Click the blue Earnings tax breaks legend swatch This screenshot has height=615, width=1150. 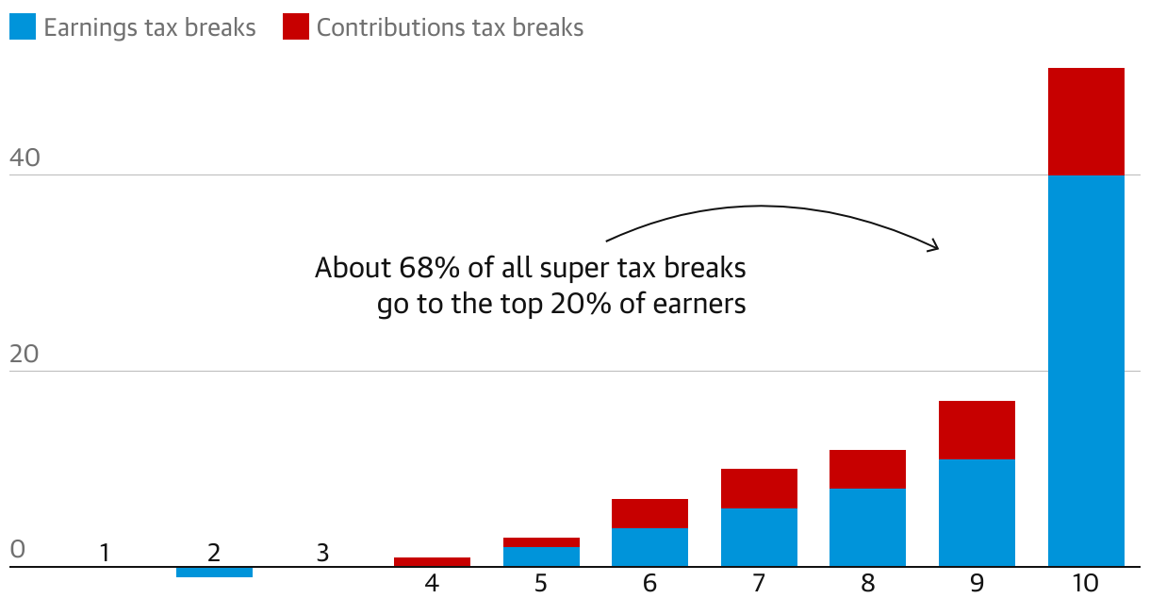pos(23,27)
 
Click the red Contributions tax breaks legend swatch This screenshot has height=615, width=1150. pos(296,27)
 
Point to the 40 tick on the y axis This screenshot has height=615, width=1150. pos(25,158)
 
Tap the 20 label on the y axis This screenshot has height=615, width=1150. pos(25,355)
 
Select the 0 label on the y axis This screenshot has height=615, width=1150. pos(17,550)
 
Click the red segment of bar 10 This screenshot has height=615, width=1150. pos(1086,122)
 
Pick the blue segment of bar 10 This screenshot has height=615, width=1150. pos(1086,371)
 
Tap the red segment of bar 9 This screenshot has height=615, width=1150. pos(977,430)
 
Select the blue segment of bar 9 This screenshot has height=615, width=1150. pos(977,513)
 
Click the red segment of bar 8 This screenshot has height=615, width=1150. pos(867,469)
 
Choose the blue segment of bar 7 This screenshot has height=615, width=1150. pos(759,538)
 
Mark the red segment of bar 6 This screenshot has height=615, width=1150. pos(649,513)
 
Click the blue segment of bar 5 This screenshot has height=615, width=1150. pos(541,557)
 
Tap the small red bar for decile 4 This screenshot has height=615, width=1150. pos(432,562)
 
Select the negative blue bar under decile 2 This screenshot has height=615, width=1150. pos(214,572)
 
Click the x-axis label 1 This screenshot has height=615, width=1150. pos(105,553)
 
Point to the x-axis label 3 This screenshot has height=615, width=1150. pos(322,553)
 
